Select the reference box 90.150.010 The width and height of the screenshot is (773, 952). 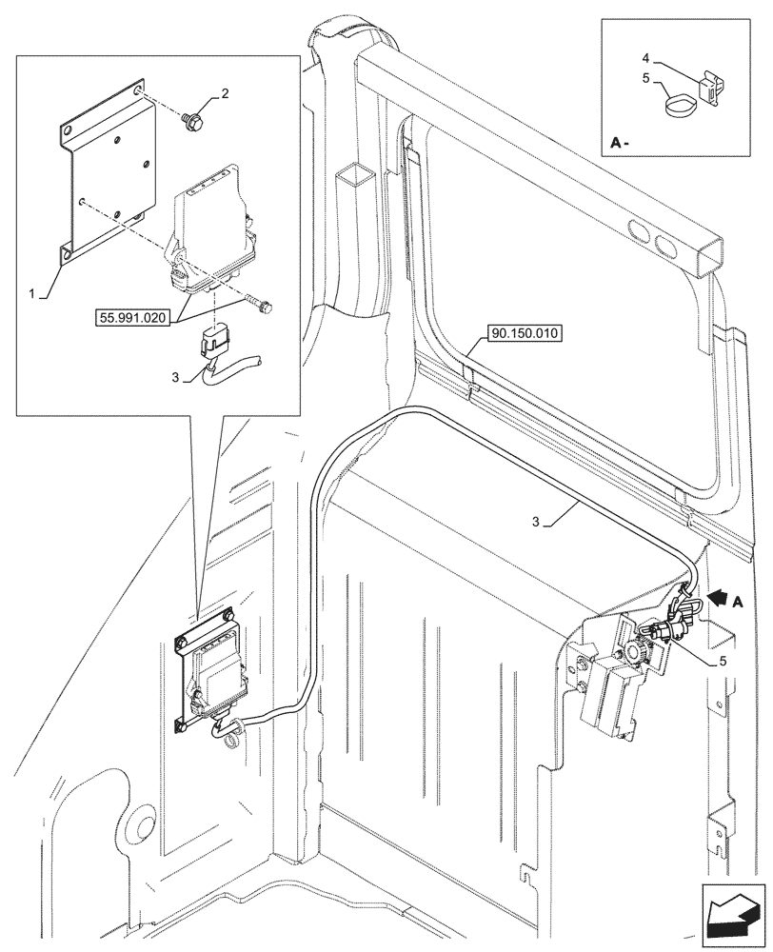(525, 333)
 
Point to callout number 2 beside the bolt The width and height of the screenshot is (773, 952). (225, 93)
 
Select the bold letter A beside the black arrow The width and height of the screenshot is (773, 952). (739, 602)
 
